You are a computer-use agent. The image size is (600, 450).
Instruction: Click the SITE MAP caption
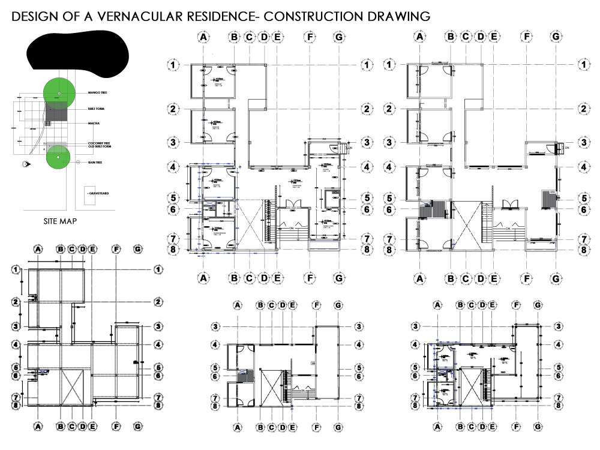click(60, 221)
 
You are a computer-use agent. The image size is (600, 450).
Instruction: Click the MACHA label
click(93, 123)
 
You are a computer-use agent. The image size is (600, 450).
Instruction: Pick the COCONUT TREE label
click(98, 142)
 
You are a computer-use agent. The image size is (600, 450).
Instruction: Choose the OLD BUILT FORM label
click(100, 146)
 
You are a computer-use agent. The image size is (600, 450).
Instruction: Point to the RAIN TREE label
click(95, 163)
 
